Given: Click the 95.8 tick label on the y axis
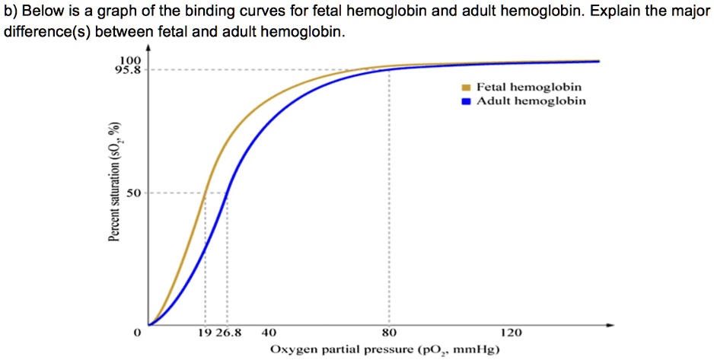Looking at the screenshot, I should click(129, 70).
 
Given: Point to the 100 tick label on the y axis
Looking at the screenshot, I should click(130, 60).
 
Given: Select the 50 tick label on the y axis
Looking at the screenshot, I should click(133, 193).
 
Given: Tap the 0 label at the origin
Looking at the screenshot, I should click(137, 333).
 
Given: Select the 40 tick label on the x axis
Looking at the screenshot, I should click(269, 333).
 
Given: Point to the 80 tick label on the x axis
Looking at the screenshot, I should click(389, 333).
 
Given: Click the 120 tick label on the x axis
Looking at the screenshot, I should click(512, 333).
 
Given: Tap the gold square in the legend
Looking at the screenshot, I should click(467, 88).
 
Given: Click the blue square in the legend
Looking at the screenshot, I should click(467, 100).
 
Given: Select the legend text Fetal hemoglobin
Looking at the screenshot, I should click(529, 88).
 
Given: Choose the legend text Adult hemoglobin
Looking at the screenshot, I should click(531, 100).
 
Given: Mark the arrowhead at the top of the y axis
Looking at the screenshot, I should click(148, 47).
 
